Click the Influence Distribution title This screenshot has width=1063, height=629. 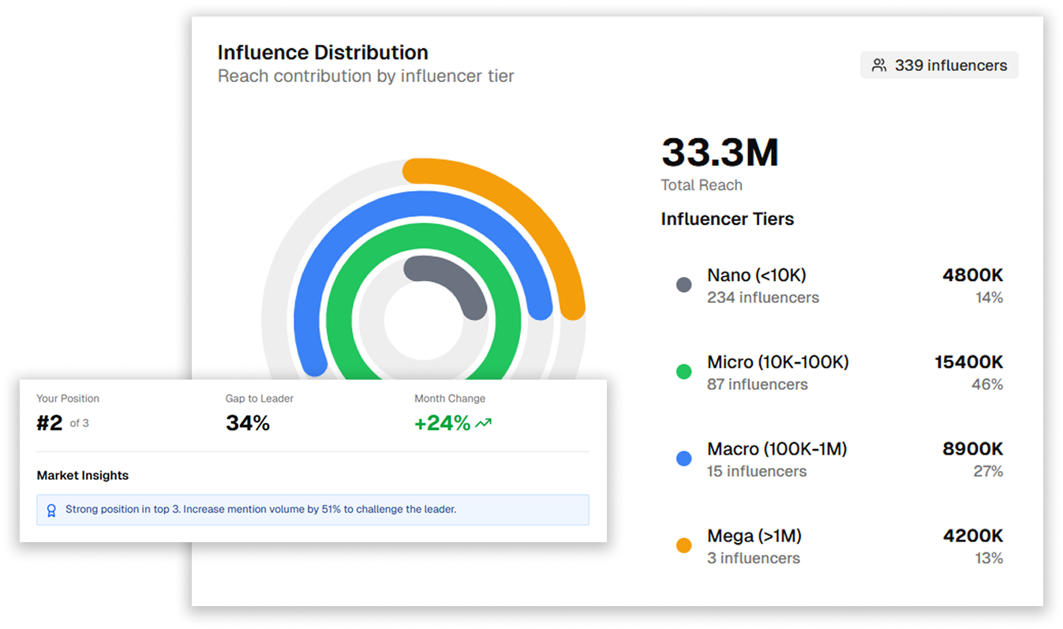(x=323, y=53)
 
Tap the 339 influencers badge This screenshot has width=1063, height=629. (x=939, y=66)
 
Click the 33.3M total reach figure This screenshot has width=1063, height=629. (x=720, y=153)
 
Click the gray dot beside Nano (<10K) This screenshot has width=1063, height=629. (x=684, y=285)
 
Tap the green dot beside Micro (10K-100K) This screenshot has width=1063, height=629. (x=684, y=372)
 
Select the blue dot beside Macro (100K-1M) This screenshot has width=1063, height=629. (x=684, y=459)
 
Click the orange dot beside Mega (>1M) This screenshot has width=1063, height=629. (x=684, y=545)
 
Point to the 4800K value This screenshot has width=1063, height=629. (x=972, y=275)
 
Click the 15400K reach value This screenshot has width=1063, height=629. (x=968, y=362)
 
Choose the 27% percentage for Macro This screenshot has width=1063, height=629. (x=988, y=472)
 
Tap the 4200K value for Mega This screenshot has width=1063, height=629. (x=972, y=536)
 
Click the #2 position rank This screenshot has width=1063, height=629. (x=50, y=424)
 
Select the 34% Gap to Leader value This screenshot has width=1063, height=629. (x=248, y=424)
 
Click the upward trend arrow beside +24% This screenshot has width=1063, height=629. (x=483, y=424)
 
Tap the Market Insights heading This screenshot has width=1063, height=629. (x=83, y=476)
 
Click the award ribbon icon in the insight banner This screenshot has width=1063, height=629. (x=51, y=511)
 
